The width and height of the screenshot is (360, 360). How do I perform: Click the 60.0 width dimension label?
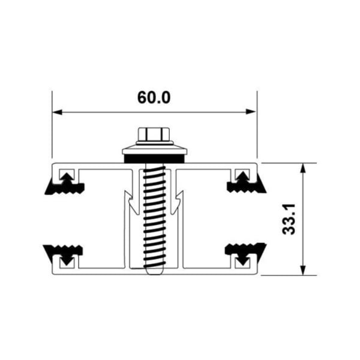pyautogui.click(x=154, y=97)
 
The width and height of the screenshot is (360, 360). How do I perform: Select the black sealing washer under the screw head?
pyautogui.click(x=154, y=158)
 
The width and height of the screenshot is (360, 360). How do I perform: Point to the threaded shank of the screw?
pyautogui.click(x=154, y=216)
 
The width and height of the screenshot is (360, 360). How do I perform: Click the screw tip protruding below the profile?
pyautogui.click(x=154, y=271)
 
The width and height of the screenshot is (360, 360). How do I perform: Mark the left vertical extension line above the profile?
pyautogui.click(x=52, y=126)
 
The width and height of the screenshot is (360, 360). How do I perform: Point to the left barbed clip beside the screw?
pyautogui.click(x=130, y=201)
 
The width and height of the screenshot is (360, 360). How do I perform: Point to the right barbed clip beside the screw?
pyautogui.click(x=178, y=201)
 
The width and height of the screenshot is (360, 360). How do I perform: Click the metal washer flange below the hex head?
pyautogui.click(x=154, y=149)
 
